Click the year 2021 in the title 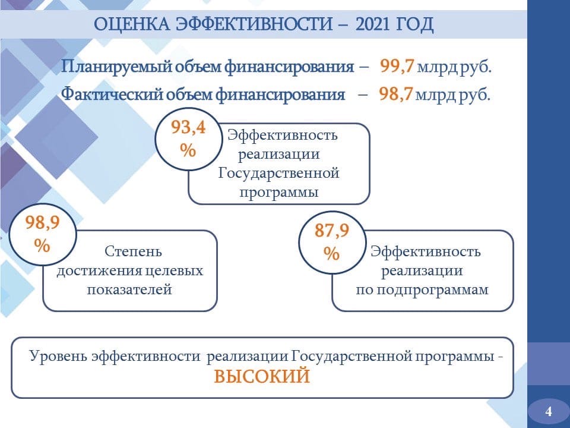[x=372, y=24]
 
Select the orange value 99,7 [x=397, y=66]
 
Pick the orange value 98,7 [x=395, y=93]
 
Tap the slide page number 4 [x=549, y=411]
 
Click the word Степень [x=133, y=251]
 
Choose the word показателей [x=129, y=289]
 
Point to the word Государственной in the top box [x=279, y=173]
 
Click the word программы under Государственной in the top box [x=279, y=193]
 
